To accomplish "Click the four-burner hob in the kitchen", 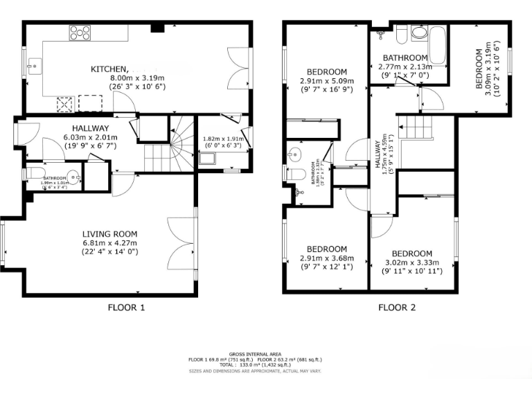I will (78, 32).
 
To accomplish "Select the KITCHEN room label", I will (109, 69).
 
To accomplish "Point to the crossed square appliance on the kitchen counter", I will (66, 103).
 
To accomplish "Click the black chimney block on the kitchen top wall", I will (157, 28).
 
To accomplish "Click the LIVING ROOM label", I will (110, 233).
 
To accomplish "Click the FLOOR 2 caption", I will (398, 308).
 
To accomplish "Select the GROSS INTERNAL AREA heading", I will (265, 353).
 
